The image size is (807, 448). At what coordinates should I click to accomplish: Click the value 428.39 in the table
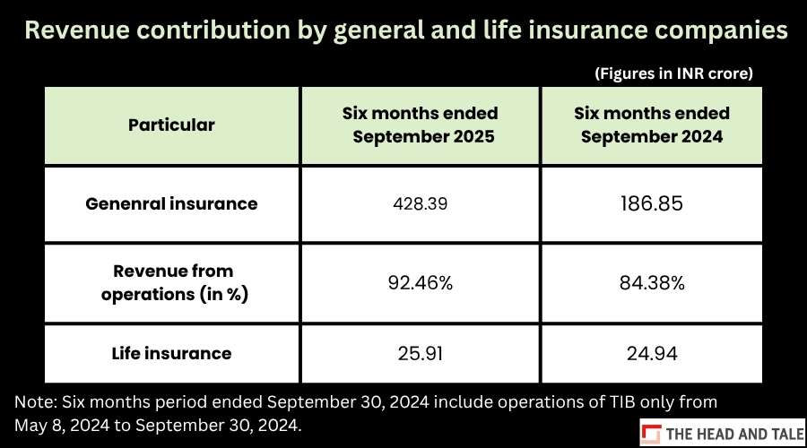click(x=420, y=203)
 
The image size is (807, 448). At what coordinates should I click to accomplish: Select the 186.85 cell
click(x=652, y=203)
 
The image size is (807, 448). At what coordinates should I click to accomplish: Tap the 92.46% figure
click(x=420, y=283)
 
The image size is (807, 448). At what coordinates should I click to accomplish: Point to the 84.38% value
click(x=652, y=283)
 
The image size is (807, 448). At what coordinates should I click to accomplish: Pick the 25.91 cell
click(x=420, y=353)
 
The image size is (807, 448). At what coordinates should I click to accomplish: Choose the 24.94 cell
click(x=652, y=353)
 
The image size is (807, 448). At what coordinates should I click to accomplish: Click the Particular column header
click(x=171, y=125)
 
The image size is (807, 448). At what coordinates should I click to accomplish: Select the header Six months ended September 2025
click(x=421, y=125)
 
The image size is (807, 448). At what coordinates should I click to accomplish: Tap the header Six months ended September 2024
click(x=652, y=125)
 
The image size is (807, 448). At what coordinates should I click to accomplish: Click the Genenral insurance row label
click(x=171, y=203)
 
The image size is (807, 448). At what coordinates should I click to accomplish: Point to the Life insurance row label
click(x=171, y=353)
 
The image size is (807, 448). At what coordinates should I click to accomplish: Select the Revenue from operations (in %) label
click(x=174, y=282)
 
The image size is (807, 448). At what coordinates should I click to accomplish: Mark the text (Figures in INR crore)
click(x=673, y=73)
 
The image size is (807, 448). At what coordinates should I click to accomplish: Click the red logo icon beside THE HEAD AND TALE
click(x=652, y=434)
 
